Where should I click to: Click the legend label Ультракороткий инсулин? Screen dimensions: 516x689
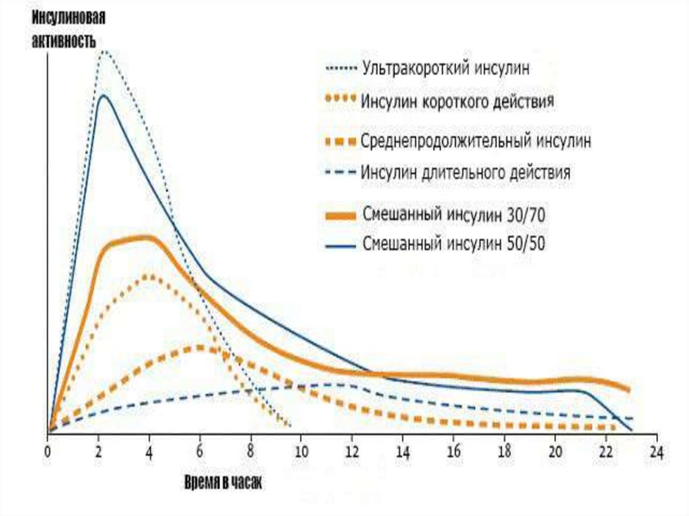pyautogui.click(x=446, y=68)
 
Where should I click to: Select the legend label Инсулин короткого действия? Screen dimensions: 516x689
pyautogui.click(x=457, y=101)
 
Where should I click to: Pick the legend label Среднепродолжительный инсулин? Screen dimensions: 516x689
pyautogui.click(x=476, y=142)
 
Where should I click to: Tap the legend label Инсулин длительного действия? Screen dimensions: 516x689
pyautogui.click(x=466, y=173)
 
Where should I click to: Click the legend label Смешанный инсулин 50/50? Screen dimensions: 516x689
pyautogui.click(x=453, y=244)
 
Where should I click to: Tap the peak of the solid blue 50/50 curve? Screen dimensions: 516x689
pyautogui.click(x=103, y=96)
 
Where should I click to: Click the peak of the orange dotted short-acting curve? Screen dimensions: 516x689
pyautogui.click(x=148, y=276)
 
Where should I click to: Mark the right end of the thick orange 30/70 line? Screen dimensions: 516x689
pyautogui.click(x=628, y=390)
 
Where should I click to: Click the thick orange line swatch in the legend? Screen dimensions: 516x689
pyautogui.click(x=339, y=216)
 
